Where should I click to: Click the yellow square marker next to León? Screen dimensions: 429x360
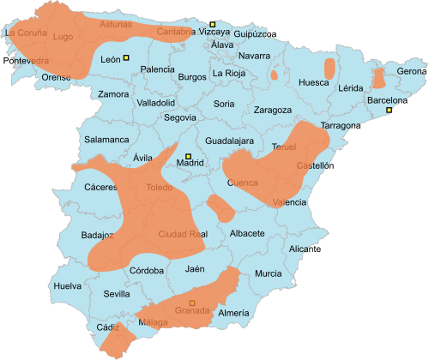[x=126, y=58]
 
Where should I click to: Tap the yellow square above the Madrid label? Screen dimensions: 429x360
[x=190, y=155]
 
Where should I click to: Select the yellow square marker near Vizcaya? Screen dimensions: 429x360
[x=213, y=24]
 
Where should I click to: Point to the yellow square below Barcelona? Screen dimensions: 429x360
[x=389, y=111]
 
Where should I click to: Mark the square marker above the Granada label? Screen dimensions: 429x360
[x=192, y=302]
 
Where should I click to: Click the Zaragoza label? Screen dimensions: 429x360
[x=272, y=110]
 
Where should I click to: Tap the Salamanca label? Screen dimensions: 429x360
[x=106, y=139]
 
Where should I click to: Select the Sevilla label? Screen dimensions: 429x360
[x=117, y=293]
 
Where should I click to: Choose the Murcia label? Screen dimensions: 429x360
[x=268, y=273]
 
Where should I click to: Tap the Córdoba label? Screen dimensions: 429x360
[x=147, y=271]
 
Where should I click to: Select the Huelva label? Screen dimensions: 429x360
[x=67, y=285]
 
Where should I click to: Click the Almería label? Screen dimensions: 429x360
[x=233, y=314]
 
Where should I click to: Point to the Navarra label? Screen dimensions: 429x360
[x=254, y=56]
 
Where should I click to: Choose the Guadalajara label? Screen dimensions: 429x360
[x=230, y=140]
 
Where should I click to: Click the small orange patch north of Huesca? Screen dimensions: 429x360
[x=329, y=67]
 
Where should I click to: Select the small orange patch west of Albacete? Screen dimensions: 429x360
[x=218, y=207]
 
